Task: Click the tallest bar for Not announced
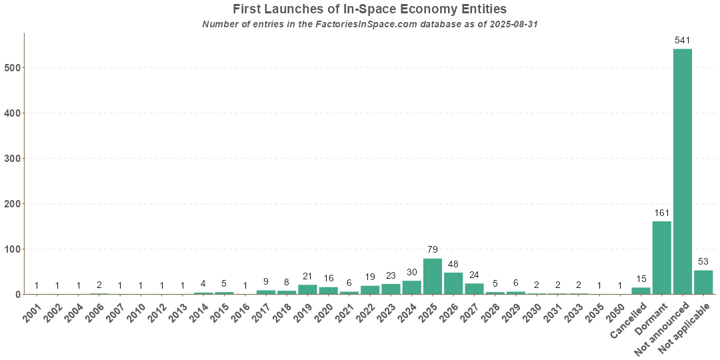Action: pos(682,171)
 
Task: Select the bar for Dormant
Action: pos(661,257)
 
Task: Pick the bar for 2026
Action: pos(453,283)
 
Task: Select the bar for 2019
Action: pos(307,289)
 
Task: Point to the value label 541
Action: pos(682,41)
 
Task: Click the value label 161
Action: pos(661,213)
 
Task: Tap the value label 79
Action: pos(433,250)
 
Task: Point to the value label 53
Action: pos(703,261)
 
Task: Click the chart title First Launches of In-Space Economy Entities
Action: pos(369,9)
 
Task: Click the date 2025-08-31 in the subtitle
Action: pos(513,25)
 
